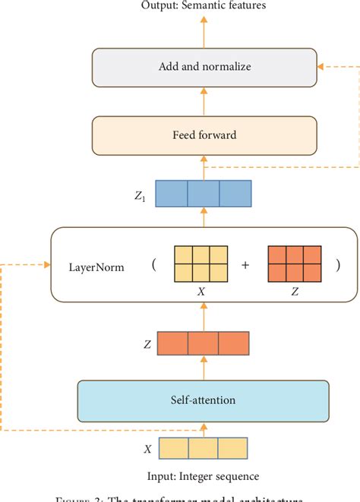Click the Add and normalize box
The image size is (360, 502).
203,67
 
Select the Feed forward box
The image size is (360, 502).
203,135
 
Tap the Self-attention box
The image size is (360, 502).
203,399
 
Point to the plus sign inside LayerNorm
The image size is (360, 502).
244,266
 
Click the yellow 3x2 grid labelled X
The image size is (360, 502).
201,265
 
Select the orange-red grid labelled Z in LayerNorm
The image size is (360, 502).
294,265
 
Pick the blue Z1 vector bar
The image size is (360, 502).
203,193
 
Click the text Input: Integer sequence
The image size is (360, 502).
203,476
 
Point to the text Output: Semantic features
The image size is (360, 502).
203,7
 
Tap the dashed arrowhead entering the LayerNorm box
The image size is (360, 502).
46,265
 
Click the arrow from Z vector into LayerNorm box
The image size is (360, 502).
203,314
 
